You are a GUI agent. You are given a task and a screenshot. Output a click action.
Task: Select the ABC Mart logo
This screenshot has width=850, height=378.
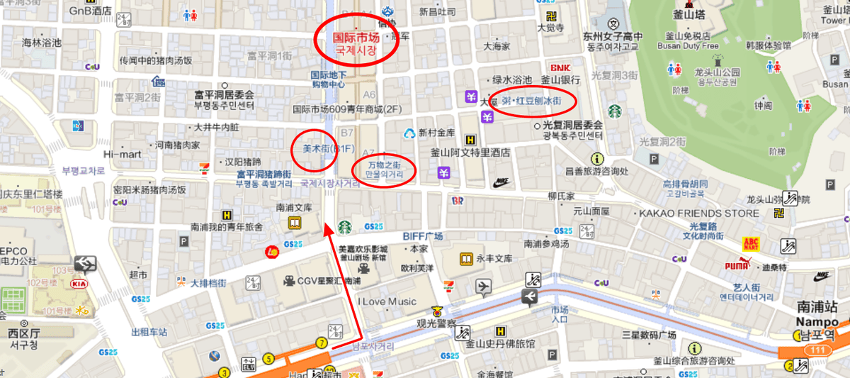click(752, 243)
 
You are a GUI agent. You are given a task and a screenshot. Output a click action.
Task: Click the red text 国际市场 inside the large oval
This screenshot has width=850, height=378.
click(356, 38)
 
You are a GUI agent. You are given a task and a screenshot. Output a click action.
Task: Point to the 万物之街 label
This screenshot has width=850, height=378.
click(385, 165)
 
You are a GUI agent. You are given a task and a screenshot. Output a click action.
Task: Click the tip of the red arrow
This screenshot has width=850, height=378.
click(328, 226)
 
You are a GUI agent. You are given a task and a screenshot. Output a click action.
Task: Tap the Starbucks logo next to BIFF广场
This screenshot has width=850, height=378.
click(345, 226)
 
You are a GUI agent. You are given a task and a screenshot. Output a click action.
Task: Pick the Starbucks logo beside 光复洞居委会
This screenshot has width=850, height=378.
click(613, 111)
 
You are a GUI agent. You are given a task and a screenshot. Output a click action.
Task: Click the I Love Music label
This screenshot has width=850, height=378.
click(387, 301)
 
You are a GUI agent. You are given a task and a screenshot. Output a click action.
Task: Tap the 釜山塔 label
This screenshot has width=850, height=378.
click(687, 13)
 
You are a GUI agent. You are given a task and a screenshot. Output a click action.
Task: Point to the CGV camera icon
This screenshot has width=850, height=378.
click(289, 281)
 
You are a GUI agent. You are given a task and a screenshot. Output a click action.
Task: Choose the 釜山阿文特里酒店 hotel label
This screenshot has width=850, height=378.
click(471, 152)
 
